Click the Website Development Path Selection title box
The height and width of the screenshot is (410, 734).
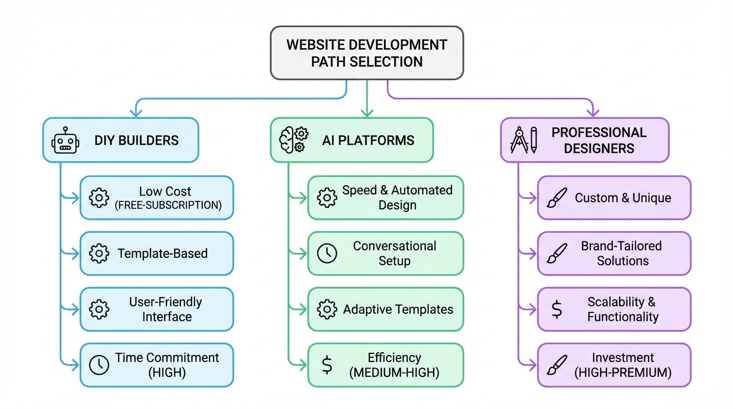pyautogui.click(x=366, y=53)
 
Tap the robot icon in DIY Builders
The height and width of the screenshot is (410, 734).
pyautogui.click(x=65, y=140)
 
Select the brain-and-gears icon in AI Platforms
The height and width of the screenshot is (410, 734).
pyautogui.click(x=293, y=140)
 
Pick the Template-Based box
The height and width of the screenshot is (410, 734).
pyautogui.click(x=157, y=254)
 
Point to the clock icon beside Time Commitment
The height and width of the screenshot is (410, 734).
pyautogui.click(x=99, y=365)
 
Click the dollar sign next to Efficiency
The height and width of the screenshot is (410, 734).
pyautogui.click(x=327, y=365)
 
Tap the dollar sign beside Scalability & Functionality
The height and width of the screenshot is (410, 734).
pyautogui.click(x=556, y=310)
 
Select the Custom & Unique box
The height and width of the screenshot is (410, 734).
pyautogui.click(x=614, y=198)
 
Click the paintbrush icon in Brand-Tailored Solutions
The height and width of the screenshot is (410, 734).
pyautogui.click(x=556, y=254)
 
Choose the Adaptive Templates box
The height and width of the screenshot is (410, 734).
pyautogui.click(x=386, y=310)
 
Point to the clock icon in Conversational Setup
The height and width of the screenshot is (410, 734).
pyautogui.click(x=327, y=254)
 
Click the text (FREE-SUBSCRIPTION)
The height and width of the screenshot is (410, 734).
pyautogui.click(x=168, y=206)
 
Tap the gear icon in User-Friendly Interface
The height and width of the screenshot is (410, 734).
pyautogui.click(x=99, y=310)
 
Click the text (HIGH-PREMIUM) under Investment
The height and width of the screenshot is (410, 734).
pyautogui.click(x=623, y=373)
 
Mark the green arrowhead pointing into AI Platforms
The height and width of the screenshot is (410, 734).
pyautogui.click(x=366, y=112)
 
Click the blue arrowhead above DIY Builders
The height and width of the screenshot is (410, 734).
pyautogui.click(x=137, y=112)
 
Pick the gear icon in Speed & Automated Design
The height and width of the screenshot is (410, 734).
pyautogui.click(x=327, y=198)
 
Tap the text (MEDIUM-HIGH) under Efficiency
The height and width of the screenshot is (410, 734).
pyautogui.click(x=394, y=373)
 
